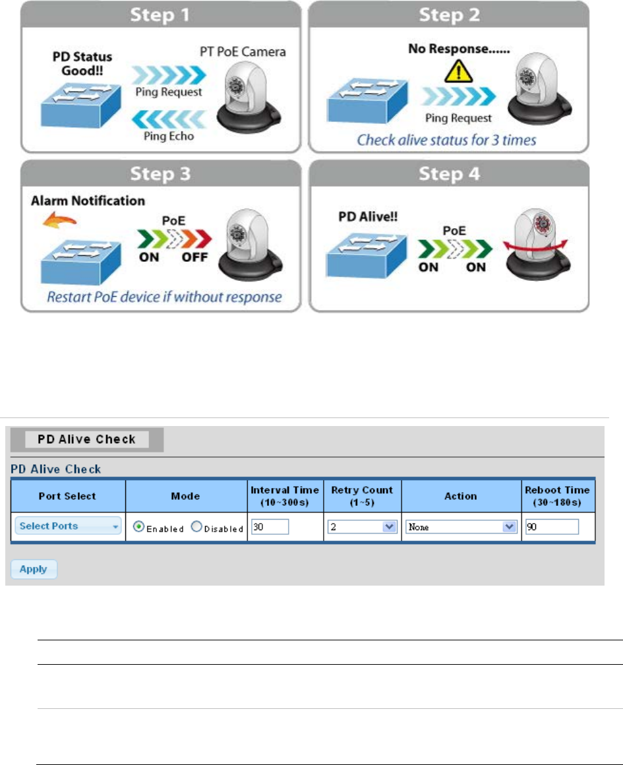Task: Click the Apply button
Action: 34,569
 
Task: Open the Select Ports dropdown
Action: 68,526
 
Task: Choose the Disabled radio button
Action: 196,528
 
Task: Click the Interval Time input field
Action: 270,527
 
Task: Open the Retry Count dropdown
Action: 362,527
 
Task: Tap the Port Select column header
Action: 67,496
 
